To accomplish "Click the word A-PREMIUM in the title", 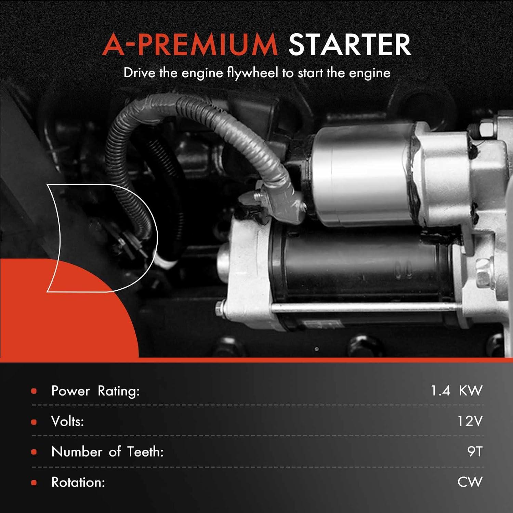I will [190, 45].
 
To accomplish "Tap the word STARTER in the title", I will [349, 45].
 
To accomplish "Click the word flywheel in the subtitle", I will [253, 73].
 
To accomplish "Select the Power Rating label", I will [95, 391].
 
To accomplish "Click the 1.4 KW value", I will [456, 391].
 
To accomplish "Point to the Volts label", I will [67, 421].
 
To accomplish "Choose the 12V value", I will [470, 421].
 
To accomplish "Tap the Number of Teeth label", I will [107, 452].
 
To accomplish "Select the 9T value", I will [475, 452].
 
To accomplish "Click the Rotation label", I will [78, 482].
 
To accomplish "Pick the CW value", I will [470, 482].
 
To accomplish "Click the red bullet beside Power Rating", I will [34, 391].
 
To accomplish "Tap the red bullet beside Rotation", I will [34, 483].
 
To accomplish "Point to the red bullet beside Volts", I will [34, 422].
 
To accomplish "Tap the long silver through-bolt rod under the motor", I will [363, 308].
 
